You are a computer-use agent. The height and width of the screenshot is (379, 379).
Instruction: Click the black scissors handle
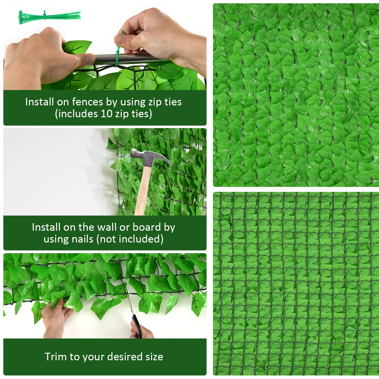(x=137, y=327)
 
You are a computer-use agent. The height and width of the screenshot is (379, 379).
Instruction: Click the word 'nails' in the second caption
(x=84, y=239)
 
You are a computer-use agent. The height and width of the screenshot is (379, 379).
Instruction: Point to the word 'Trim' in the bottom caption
(x=55, y=357)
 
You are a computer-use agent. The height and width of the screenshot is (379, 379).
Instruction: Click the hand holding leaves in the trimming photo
(x=55, y=319)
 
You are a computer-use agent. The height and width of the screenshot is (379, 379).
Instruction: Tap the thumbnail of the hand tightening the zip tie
(x=121, y=39)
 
